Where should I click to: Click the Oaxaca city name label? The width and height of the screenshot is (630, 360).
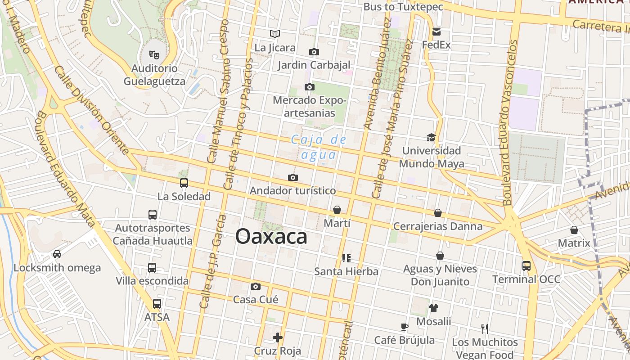coord(271,237)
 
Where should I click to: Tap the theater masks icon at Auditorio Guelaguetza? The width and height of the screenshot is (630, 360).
coord(154,55)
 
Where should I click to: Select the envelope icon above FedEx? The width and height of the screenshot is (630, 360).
coord(436,32)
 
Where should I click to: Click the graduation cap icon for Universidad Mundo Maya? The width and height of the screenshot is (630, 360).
coord(431,137)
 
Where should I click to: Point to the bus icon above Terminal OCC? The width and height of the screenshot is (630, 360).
coord(526,265)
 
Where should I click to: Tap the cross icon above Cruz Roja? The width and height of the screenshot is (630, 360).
coord(278,337)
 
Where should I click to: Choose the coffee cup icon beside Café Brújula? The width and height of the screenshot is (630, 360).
coord(404,327)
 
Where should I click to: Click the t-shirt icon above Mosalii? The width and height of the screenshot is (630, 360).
coord(433,308)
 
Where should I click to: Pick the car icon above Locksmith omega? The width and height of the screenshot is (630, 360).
coord(57,254)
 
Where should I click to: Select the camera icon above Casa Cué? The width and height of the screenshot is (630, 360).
coord(256,286)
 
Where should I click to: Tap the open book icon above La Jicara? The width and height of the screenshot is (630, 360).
coord(275,34)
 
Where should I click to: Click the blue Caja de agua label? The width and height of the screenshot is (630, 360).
coord(319,147)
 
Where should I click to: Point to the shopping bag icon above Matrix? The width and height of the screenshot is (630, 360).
coord(574,230)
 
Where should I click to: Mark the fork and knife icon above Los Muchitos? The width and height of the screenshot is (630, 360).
coord(485,329)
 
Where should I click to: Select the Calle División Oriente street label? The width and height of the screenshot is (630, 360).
coord(92,110)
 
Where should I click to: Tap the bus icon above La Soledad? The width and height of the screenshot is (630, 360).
coord(184,183)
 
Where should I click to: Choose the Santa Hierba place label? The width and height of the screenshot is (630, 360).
coord(346,271)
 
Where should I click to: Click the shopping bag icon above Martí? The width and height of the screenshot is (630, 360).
coord(337,210)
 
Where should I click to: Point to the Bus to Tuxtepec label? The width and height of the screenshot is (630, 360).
coord(403,7)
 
